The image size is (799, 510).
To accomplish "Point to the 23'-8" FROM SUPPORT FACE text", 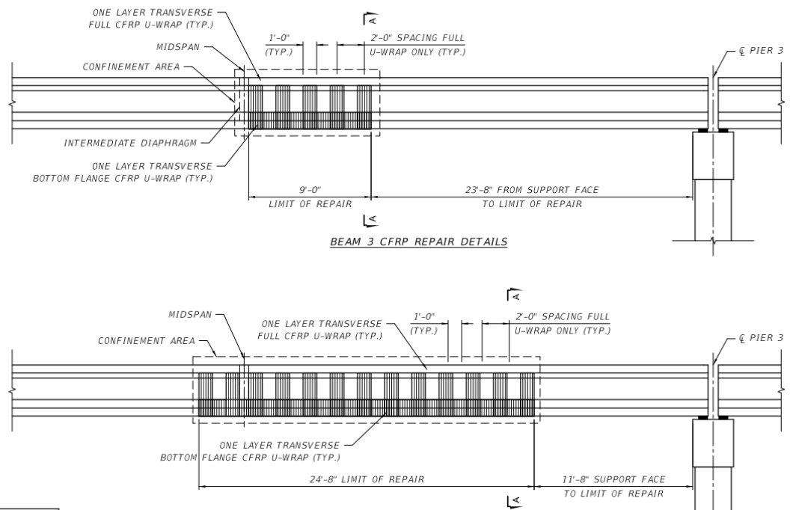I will pos(531,190).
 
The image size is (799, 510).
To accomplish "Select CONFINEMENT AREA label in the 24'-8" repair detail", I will pos(146,341).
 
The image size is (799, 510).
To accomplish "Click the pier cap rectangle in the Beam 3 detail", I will pos(713,156).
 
